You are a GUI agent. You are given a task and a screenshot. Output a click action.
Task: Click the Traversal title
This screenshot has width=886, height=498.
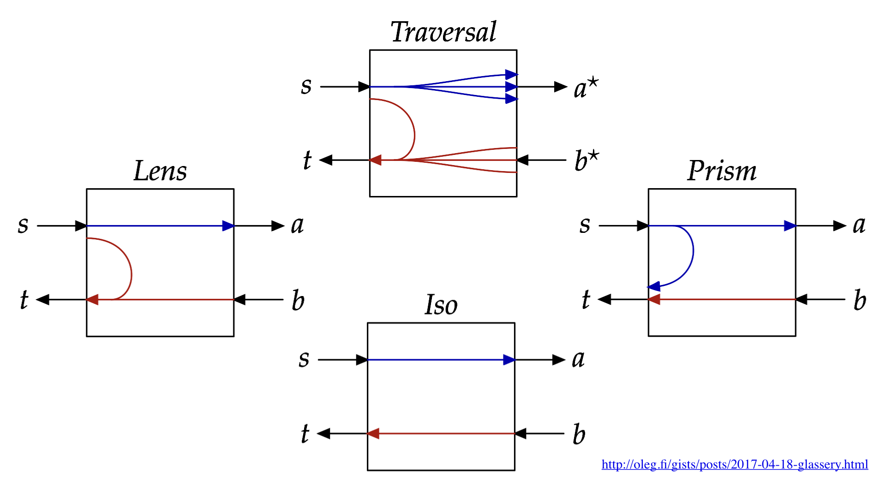pos(443,32)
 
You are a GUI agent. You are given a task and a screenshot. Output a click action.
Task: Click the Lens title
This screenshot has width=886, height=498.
pos(160,171)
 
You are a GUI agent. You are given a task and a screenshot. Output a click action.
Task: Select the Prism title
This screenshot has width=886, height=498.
pos(722,171)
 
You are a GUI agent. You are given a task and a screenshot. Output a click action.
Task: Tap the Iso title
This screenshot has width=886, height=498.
pos(441,305)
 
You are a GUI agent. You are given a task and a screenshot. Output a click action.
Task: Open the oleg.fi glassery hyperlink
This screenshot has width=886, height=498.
pos(735,464)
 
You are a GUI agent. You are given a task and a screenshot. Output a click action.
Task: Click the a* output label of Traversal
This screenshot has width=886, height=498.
pos(585,88)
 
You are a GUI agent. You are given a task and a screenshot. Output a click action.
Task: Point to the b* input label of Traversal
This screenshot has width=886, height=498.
pos(586,160)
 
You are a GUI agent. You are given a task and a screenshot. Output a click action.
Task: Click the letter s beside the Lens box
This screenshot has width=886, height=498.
pos(23,225)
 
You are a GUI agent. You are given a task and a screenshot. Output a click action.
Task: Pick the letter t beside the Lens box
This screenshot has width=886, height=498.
pos(24,299)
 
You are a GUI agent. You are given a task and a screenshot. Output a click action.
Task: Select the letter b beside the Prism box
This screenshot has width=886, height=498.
pos(859,300)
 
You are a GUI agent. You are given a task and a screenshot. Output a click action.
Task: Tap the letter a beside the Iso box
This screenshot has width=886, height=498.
pos(578,359)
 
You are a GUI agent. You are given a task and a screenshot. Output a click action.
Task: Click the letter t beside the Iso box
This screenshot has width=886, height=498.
pos(305,433)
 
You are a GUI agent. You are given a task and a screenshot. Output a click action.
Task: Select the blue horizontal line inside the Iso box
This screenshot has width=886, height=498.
pos(438,360)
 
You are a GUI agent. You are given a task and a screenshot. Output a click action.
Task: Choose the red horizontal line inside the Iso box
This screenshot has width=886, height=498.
pos(443,433)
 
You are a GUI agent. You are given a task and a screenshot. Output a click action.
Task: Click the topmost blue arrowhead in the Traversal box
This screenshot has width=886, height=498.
pos(511,75)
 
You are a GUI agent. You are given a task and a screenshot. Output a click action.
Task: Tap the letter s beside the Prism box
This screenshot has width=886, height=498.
pos(585,225)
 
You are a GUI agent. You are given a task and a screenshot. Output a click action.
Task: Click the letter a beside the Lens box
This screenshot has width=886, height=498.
pos(297,225)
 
